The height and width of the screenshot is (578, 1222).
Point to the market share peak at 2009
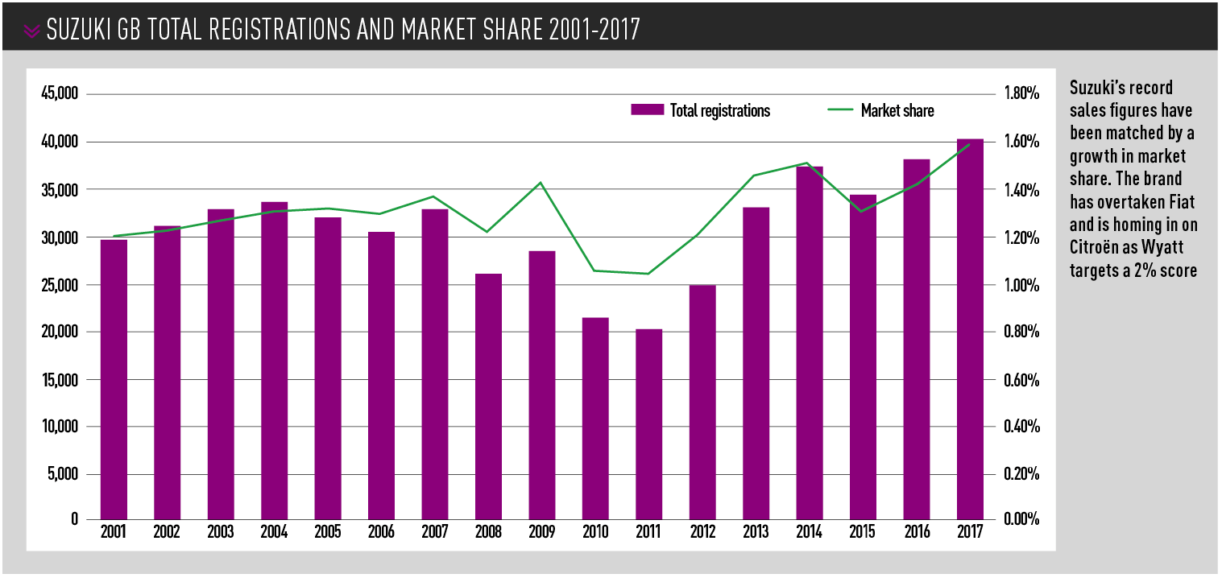coord(541,183)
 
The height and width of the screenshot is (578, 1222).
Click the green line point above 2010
coord(595,270)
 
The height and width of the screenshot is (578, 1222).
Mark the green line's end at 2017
coord(970,145)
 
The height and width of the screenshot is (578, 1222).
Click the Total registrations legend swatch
coord(647,111)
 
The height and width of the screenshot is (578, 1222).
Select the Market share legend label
coord(897,111)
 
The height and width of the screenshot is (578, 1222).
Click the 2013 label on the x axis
coord(756,533)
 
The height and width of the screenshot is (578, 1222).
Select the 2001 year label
coord(114,533)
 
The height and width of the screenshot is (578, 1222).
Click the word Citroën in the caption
coord(1096,246)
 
